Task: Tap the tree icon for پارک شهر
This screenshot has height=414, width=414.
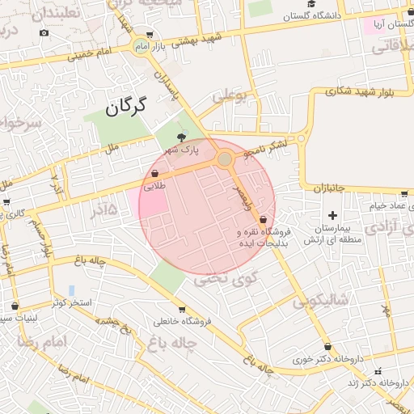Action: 180,137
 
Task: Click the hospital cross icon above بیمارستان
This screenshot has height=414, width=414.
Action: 310,216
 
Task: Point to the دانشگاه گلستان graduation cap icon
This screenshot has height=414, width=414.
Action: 288,15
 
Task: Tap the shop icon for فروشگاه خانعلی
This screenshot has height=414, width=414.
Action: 181,309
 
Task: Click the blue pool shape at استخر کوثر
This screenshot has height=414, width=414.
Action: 71,289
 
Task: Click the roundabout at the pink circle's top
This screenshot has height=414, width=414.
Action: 224,160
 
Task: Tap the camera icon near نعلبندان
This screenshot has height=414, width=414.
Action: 44,32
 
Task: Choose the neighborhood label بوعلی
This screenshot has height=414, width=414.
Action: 228,96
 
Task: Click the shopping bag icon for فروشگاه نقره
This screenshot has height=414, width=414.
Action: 264,219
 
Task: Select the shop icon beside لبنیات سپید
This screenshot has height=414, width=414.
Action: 15,306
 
